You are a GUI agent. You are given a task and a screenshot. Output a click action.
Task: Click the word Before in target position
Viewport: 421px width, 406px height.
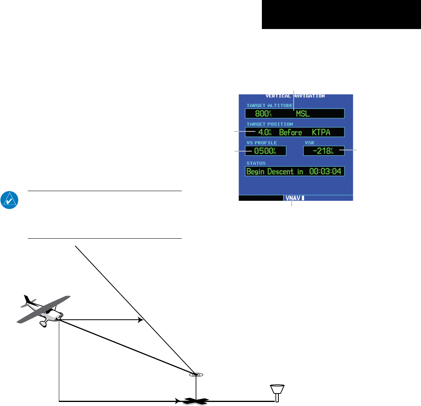290,132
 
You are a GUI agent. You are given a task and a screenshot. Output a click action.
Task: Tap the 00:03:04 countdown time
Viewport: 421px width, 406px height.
325,171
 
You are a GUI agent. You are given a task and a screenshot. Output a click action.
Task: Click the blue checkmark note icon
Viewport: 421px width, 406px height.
8,200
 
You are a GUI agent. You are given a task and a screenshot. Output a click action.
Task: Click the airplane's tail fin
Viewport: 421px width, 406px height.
28,300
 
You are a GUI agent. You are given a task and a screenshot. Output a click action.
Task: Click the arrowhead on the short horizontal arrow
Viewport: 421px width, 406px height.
141,320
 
